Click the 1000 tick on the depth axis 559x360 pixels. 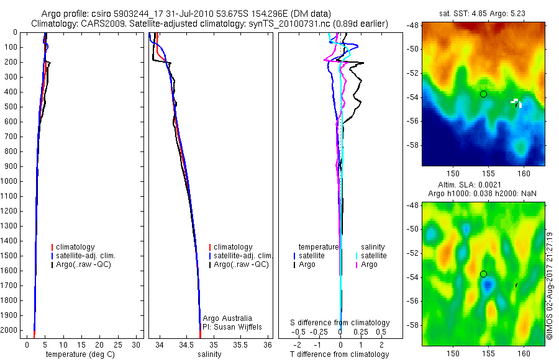(10, 181)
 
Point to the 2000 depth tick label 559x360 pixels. (10, 331)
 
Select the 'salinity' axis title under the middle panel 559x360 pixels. (209, 354)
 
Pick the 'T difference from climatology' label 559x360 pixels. (339, 354)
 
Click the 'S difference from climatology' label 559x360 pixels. (340, 323)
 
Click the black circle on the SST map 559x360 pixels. (483, 94)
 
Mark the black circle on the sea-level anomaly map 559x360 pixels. (483, 274)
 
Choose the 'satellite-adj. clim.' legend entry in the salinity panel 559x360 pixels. (243, 256)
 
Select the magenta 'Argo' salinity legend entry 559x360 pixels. (369, 264)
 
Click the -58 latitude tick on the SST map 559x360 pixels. (413, 144)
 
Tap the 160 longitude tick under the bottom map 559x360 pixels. (523, 351)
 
